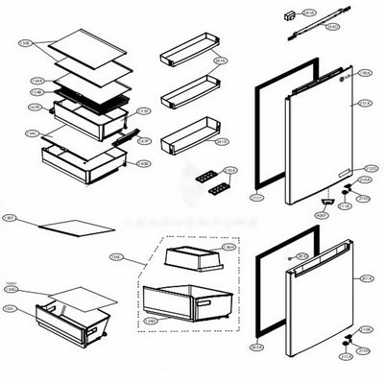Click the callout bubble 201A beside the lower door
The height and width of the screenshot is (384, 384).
[367, 279]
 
